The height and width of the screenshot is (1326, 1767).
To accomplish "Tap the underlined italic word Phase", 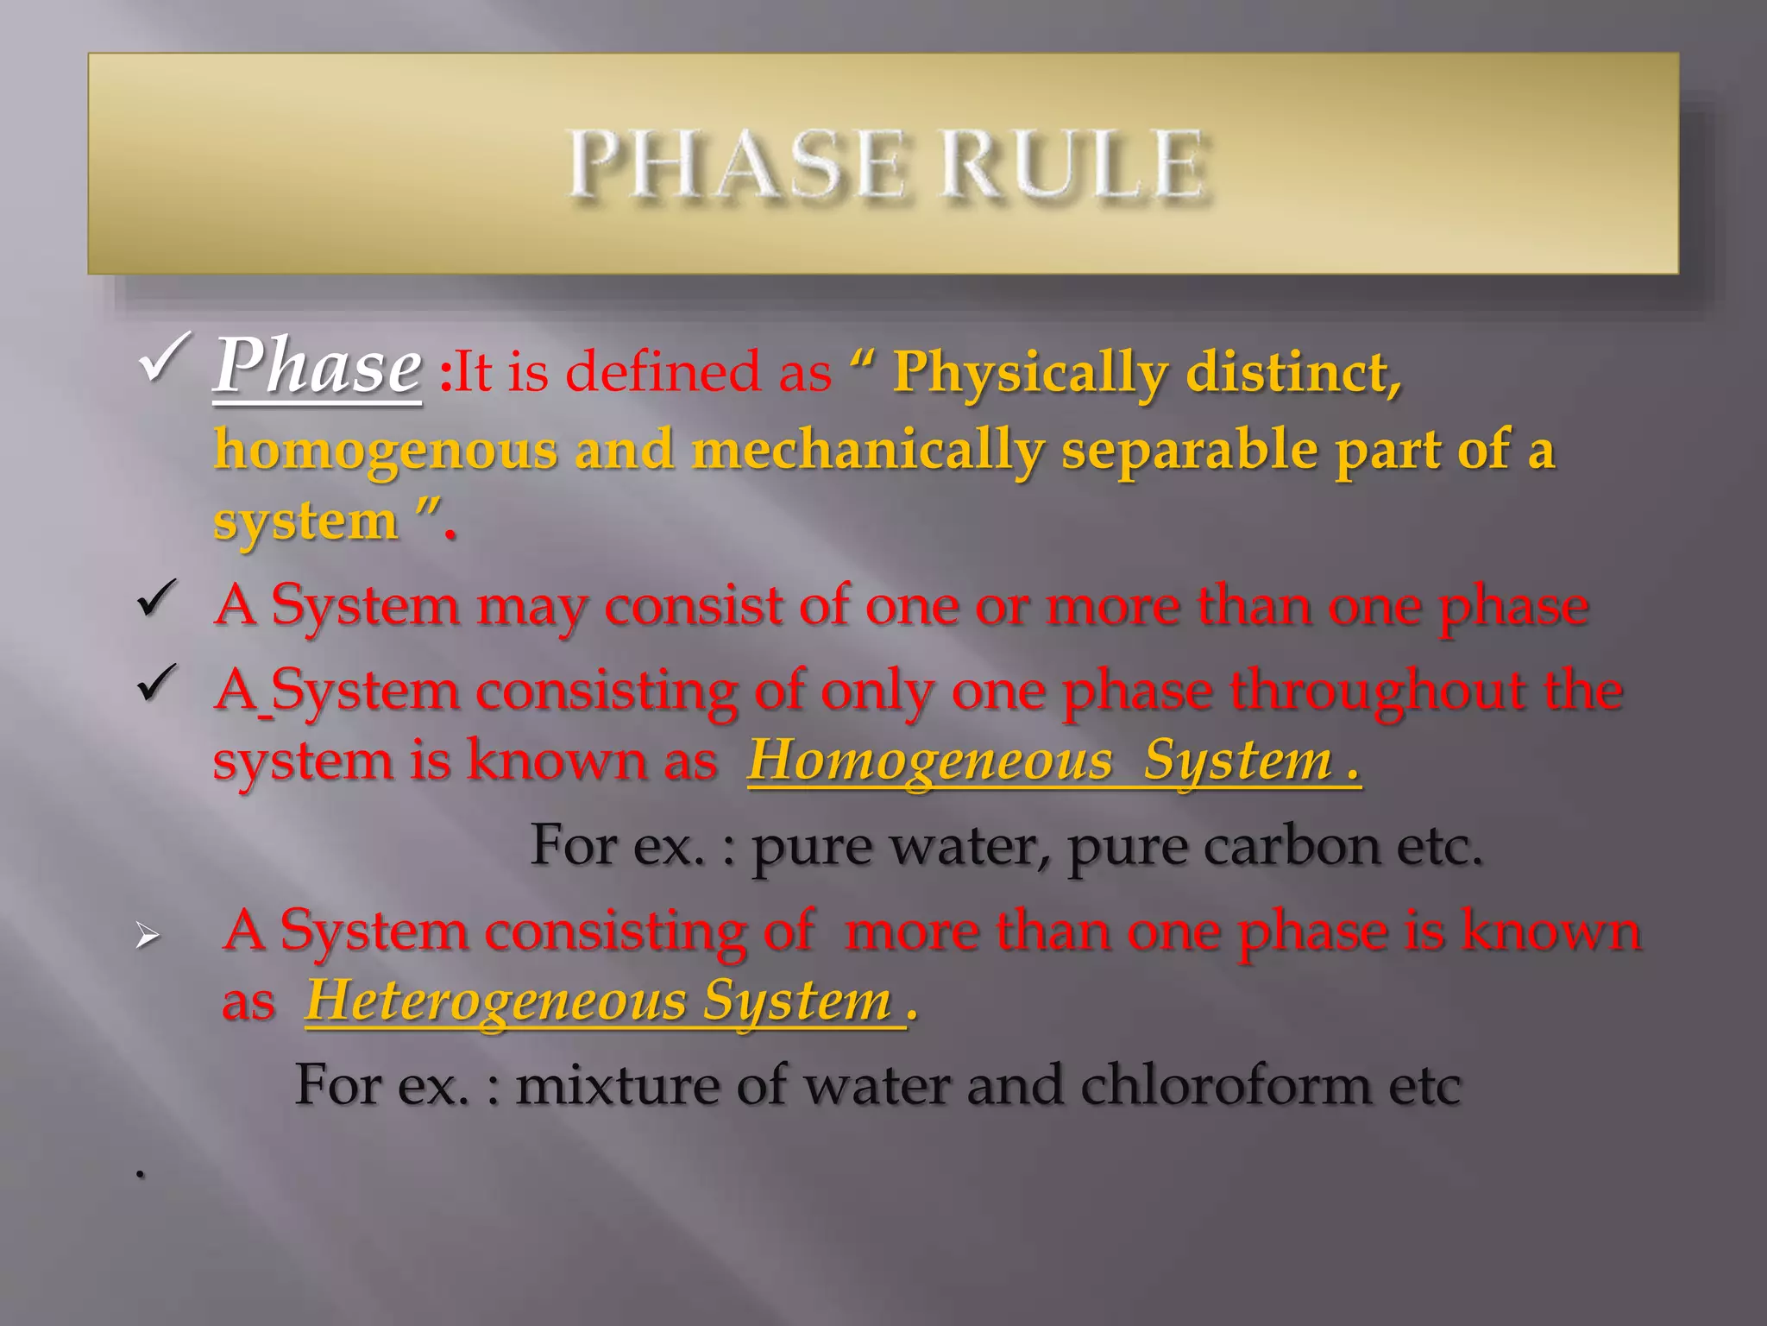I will pos(318,367).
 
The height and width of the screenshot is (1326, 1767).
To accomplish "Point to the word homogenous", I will pos(385,451).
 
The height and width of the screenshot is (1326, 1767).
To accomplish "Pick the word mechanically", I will pos(868,451).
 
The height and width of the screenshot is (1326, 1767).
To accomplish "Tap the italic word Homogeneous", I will pos(929,761).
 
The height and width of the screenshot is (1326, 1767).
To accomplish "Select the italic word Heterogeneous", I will pos(495,1001).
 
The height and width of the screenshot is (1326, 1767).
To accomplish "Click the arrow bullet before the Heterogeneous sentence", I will pos(148,936).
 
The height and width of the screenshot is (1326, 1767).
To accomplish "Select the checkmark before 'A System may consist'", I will pos(157,600).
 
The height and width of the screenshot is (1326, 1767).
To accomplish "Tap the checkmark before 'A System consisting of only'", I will pos(157,685).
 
